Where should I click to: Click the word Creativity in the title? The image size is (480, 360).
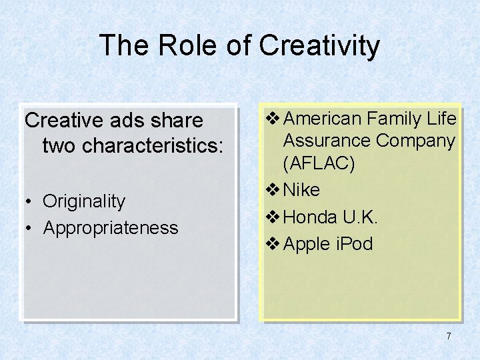click(x=319, y=46)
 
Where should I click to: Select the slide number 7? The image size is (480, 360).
click(x=449, y=336)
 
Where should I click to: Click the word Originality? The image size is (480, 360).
click(x=84, y=201)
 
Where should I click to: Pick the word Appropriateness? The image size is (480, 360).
click(x=111, y=227)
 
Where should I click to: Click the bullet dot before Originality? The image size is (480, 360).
click(x=30, y=201)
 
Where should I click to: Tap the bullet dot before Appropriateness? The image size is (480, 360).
click(x=30, y=228)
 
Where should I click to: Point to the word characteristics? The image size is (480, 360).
click(x=131, y=145)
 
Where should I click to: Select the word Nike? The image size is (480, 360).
click(x=301, y=190)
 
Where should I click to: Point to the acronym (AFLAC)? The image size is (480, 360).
click(x=319, y=163)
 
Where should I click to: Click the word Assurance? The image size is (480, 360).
click(x=327, y=141)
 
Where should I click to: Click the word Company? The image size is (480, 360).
click(x=415, y=141)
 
